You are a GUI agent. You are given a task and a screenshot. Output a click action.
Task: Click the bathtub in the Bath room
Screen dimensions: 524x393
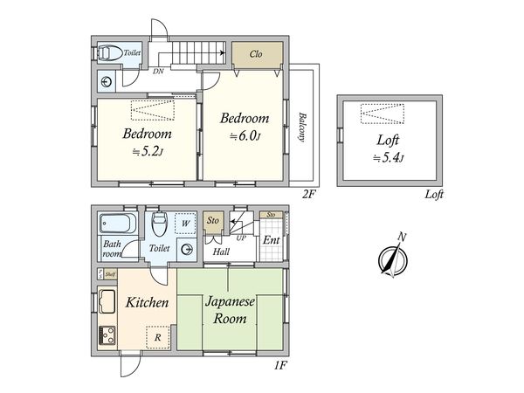118,224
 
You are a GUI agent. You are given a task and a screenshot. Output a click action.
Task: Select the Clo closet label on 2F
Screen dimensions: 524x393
256,54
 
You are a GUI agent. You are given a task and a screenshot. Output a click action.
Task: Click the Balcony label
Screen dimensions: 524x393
302,128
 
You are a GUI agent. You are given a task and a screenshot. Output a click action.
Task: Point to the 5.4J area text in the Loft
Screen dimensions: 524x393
388,157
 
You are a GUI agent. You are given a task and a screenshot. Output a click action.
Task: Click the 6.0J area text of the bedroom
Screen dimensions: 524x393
245,136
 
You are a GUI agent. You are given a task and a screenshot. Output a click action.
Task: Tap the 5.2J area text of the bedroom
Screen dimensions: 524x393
148,152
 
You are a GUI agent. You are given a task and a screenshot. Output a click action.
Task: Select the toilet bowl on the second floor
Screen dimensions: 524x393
110,52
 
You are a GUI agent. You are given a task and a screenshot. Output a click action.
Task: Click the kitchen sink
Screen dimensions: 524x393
107,302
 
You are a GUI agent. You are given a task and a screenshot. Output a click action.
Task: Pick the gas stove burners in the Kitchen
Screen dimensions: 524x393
107,335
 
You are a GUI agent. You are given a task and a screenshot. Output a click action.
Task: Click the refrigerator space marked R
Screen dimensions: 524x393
158,337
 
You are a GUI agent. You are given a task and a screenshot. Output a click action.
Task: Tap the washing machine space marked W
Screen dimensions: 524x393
186,223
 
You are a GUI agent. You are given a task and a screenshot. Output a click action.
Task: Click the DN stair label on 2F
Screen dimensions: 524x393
158,72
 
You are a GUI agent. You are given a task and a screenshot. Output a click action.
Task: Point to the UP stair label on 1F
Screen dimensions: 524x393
241,238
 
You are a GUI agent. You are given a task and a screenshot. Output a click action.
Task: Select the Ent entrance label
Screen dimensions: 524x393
272,240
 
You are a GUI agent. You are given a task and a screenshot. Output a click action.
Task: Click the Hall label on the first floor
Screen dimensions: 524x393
221,252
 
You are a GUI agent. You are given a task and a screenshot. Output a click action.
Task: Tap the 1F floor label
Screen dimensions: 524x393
280,365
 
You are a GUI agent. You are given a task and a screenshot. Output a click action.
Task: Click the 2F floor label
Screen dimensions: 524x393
309,194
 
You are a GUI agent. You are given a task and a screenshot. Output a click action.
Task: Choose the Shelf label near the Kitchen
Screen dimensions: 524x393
110,275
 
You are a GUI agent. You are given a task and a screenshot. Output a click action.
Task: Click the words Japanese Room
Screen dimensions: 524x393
230,310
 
